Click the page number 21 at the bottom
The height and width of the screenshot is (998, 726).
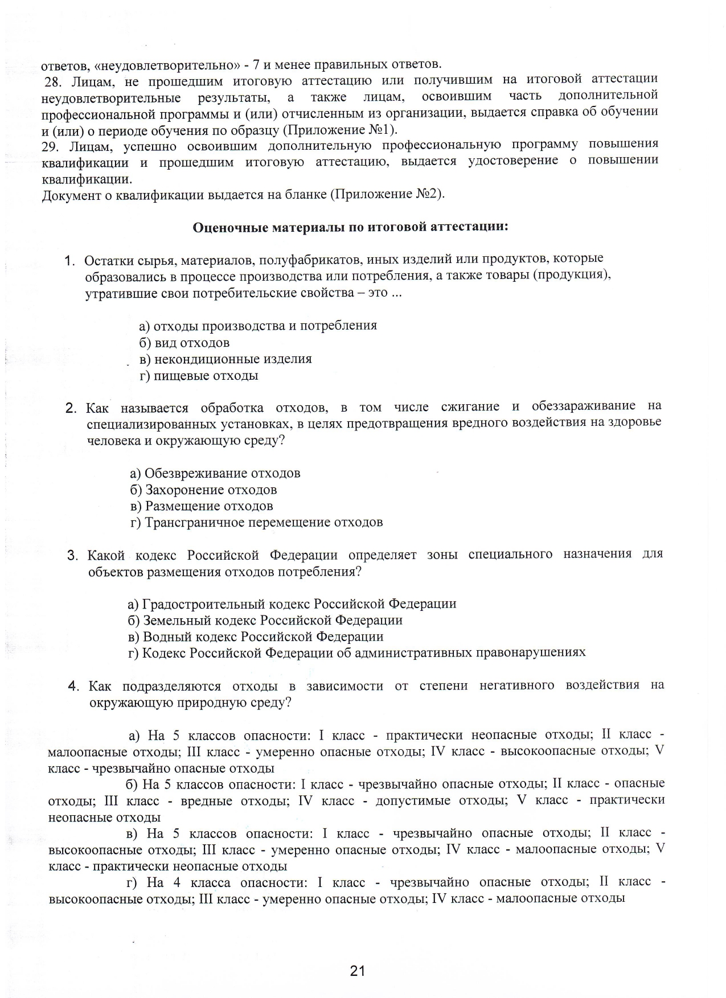point(358,971)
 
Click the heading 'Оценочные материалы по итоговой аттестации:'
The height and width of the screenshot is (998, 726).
point(350,227)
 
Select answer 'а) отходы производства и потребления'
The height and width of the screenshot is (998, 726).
point(258,326)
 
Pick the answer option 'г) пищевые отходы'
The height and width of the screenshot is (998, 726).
point(199,376)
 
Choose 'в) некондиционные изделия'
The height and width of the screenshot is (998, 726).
point(225,359)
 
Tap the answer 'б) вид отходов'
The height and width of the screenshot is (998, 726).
point(184,343)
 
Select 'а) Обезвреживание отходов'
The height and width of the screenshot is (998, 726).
point(215,473)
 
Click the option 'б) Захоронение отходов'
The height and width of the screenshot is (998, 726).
point(203,490)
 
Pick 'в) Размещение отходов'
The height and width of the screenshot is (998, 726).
point(202,506)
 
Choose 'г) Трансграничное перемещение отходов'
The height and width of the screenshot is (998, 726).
point(256,522)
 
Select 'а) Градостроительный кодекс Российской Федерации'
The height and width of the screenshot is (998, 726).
point(292,603)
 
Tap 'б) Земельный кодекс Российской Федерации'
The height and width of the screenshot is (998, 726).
point(265,620)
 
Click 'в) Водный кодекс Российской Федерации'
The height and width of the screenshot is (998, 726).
point(256,636)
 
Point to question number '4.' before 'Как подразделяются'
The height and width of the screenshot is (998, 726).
point(73,687)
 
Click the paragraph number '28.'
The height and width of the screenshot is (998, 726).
point(53,82)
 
